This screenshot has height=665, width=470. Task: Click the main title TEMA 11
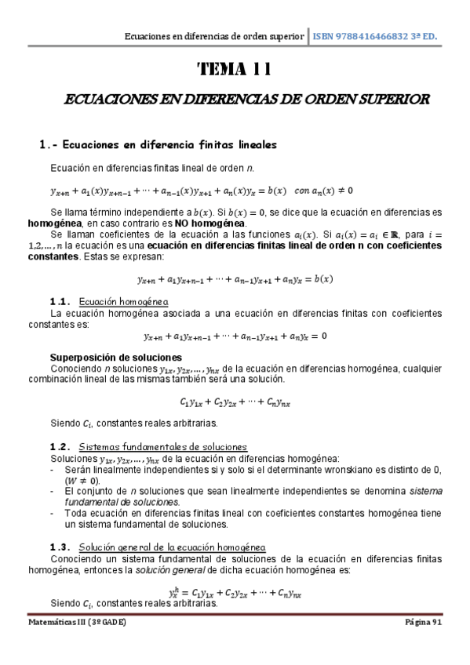click(x=235, y=70)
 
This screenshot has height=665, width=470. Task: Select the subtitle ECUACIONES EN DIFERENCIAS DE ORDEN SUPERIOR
click(x=235, y=100)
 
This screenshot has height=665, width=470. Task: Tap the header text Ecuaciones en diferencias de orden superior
click(x=214, y=37)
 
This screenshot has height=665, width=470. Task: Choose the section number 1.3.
click(x=60, y=547)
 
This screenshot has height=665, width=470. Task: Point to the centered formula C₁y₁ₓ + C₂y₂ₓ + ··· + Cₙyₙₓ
click(x=235, y=402)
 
